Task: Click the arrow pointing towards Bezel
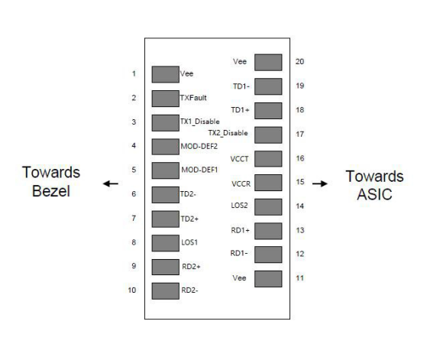coord(111,184)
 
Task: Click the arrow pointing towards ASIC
coord(320,183)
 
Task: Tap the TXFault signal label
coord(193,98)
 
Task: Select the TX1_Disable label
coord(200,122)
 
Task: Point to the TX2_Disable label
coord(228,133)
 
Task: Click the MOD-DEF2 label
coord(199,146)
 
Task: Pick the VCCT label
coord(239,159)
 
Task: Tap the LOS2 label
coord(239,206)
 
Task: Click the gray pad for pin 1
coord(166,74)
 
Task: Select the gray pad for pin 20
coord(268,63)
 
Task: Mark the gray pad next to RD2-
coord(166,291)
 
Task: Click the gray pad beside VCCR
coord(268,183)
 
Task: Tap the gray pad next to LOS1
coord(166,243)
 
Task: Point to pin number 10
coord(132,290)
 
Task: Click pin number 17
coord(300,135)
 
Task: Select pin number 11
coord(300,278)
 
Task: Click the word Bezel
coord(51,191)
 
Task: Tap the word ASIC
coord(374,194)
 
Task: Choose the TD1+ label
coord(240,110)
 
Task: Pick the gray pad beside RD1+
coord(268,231)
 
